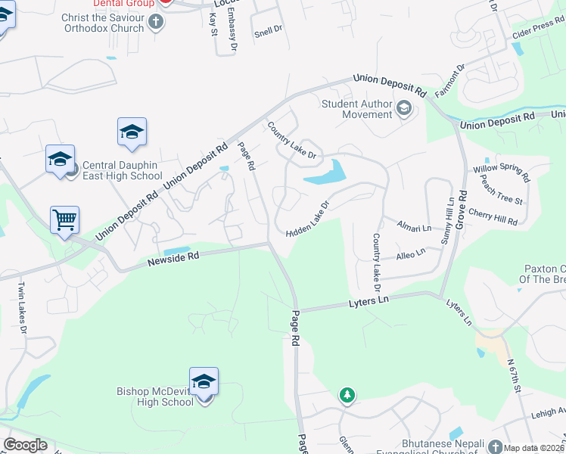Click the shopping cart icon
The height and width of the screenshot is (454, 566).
coord(65,220)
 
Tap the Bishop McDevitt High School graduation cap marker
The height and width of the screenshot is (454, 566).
coord(204,381)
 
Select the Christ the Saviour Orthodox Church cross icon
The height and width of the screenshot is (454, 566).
coord(156,22)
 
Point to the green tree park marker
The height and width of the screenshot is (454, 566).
coord(347,395)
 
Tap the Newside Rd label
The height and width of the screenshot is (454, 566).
coord(173,257)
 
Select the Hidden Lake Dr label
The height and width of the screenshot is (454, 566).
coord(309,219)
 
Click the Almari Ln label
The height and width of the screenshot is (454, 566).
coord(415,226)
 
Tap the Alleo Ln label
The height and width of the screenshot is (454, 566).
coord(410,255)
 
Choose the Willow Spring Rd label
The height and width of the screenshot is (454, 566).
coord(501,174)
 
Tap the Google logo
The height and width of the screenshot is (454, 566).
coord(25,444)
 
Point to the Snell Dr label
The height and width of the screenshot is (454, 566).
coord(268,31)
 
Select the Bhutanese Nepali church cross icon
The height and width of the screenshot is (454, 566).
coord(495,446)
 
